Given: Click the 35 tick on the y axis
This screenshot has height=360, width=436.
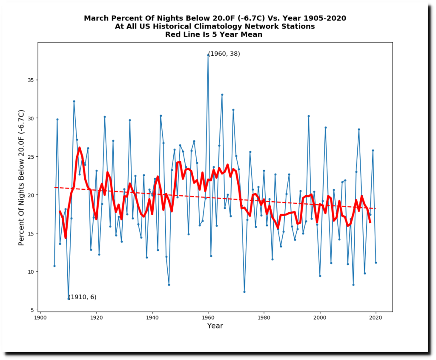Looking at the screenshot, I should (31, 80).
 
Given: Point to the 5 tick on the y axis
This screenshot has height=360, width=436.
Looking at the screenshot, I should (32, 310).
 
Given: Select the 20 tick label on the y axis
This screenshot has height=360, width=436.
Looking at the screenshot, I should (31, 195).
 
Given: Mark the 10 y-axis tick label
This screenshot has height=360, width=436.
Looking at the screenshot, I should (31, 271).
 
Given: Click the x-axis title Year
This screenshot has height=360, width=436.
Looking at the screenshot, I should (215, 326).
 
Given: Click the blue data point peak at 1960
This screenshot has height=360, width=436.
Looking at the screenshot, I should (208, 55).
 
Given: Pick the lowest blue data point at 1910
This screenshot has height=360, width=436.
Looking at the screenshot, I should (68, 299).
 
